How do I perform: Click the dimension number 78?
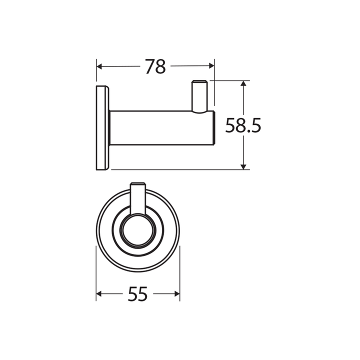click(155, 66)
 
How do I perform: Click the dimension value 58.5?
click(243, 125)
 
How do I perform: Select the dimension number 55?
click(137, 294)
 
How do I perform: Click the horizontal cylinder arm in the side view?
click(160, 128)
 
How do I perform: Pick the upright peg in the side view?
click(199, 98)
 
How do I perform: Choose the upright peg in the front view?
click(137, 197)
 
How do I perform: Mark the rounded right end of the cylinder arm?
click(213, 128)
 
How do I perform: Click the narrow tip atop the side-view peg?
click(199, 82)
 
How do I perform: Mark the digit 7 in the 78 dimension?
click(149, 66)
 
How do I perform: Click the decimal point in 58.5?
click(249, 131)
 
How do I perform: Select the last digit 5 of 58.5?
click(255, 125)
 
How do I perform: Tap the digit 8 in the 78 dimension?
click(160, 66)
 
